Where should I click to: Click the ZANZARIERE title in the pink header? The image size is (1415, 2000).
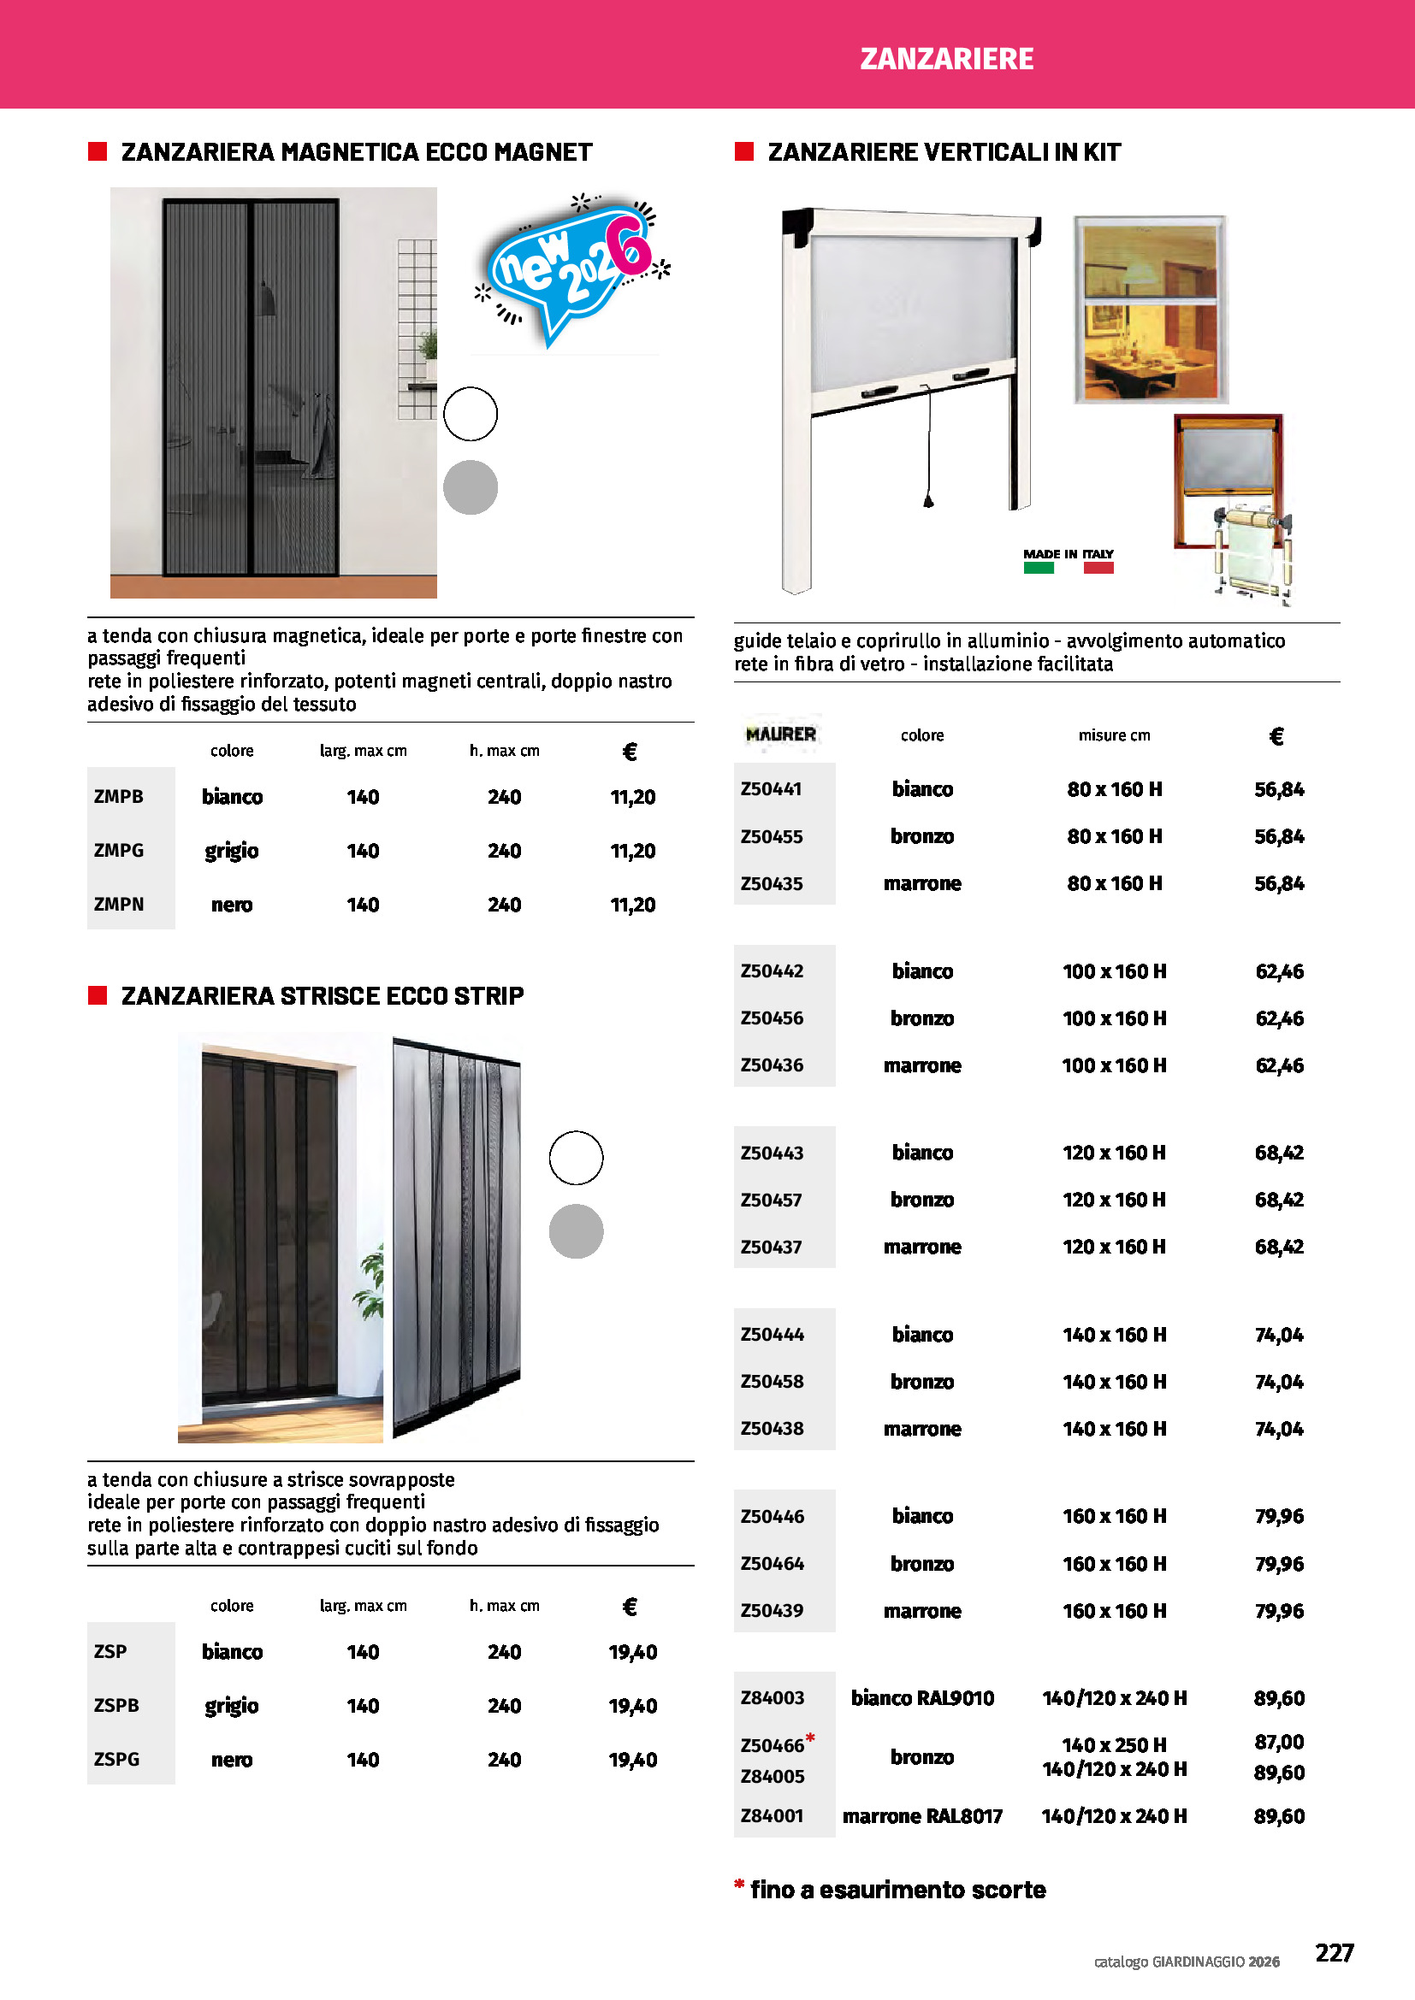[946, 59]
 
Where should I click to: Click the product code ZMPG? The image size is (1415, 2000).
[119, 850]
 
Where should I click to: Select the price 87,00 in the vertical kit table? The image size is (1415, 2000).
[1278, 1742]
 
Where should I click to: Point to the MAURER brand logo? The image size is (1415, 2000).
[781, 735]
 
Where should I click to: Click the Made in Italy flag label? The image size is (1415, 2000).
[1069, 560]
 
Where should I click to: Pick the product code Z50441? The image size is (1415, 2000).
[771, 789]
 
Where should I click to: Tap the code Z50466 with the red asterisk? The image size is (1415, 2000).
[773, 1746]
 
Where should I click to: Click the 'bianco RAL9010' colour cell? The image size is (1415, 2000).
[922, 1698]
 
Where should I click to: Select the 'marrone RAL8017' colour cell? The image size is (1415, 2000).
[922, 1816]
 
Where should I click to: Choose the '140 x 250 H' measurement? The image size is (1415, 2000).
[1114, 1745]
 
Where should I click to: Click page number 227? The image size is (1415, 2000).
[1334, 1952]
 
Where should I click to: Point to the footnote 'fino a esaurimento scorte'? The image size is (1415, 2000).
[897, 1890]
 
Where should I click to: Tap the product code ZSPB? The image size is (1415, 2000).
[115, 1705]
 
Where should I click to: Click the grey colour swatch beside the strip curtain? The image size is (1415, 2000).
[576, 1230]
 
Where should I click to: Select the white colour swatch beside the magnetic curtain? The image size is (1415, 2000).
[471, 414]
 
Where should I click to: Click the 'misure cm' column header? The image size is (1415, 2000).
[1114, 735]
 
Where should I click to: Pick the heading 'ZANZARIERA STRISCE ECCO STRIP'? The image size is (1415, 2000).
[323, 995]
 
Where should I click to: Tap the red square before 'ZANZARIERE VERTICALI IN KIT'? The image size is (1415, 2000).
[744, 151]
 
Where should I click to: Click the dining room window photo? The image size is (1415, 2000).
[1150, 310]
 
